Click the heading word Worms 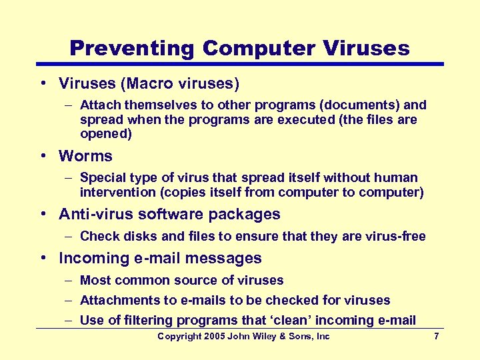[x=85, y=156]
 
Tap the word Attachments [x=119, y=300]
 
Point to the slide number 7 [x=436, y=337]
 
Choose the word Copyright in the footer [x=181, y=337]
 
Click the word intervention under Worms [x=115, y=193]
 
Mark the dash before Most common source [x=69, y=280]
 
